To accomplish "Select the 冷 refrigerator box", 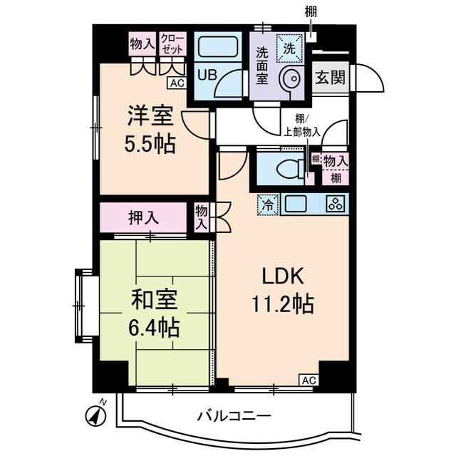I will [266, 204].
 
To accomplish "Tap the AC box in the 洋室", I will [177, 83].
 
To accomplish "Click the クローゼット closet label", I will [172, 43].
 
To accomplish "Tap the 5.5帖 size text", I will [150, 145].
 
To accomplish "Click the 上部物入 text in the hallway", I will [301, 131].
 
